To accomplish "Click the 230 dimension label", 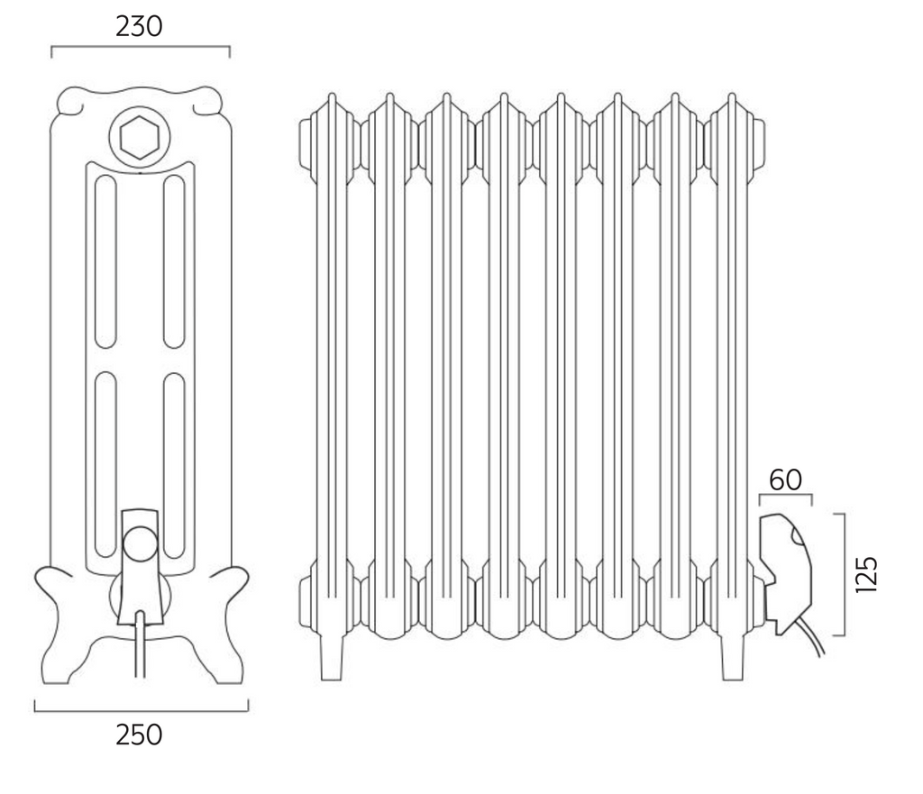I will (140, 27).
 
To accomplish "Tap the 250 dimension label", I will (140, 735).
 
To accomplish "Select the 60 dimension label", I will (785, 479).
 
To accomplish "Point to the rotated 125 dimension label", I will (867, 573).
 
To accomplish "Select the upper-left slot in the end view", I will (105, 261).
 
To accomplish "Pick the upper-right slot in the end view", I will (174, 261).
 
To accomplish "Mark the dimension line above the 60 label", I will (785, 496).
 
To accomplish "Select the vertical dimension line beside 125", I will (842, 573).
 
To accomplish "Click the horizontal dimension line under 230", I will (140, 49).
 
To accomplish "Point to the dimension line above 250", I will (140, 710).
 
